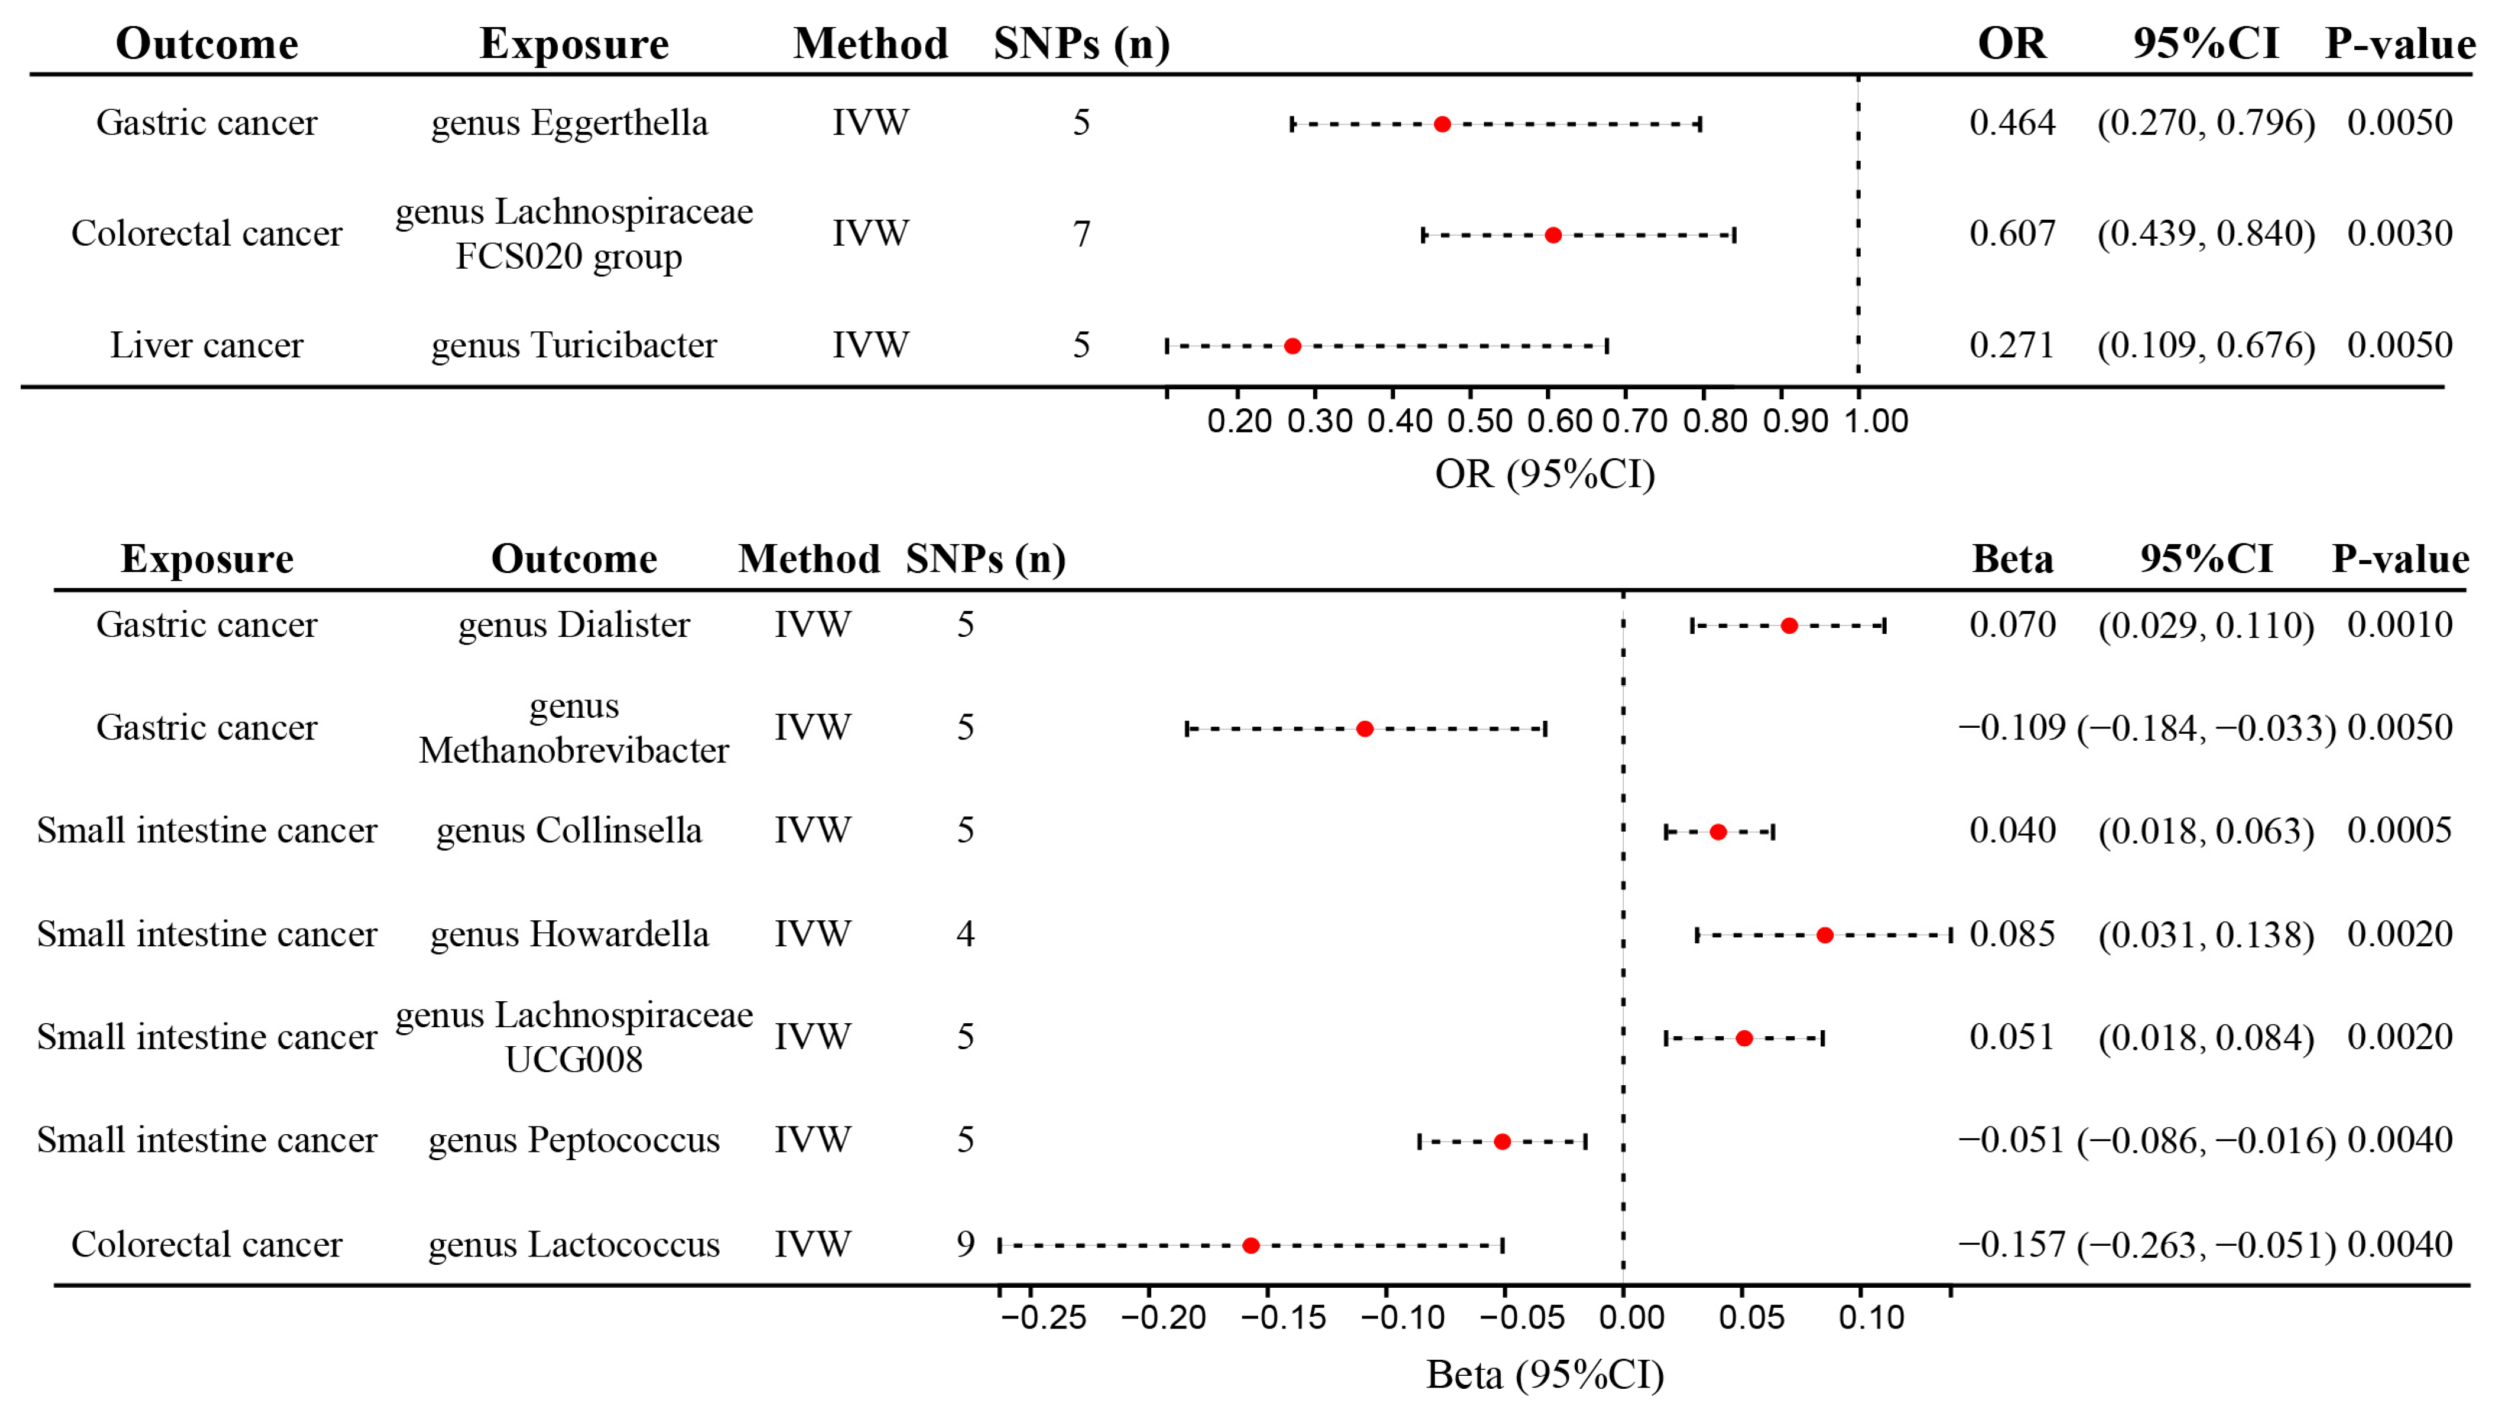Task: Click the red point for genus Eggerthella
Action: (1442, 124)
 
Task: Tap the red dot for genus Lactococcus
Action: (1251, 1245)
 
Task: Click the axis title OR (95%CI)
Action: (1544, 474)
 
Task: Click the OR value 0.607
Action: (2012, 234)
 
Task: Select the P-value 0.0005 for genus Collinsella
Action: (2399, 831)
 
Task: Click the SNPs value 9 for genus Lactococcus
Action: (964, 1244)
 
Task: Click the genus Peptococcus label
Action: (574, 1140)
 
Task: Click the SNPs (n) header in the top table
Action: (1081, 44)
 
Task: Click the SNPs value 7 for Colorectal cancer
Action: (1081, 234)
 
